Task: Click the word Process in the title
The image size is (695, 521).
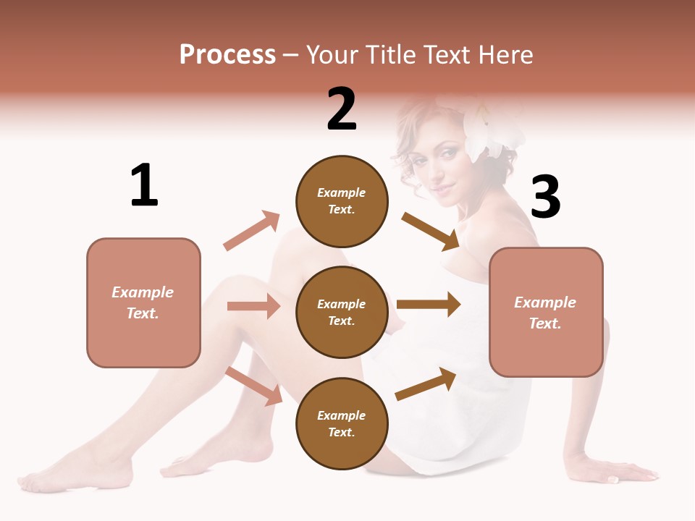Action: pyautogui.click(x=227, y=55)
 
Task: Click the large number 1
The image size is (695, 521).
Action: pyautogui.click(x=144, y=186)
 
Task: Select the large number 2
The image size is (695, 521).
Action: pyautogui.click(x=342, y=109)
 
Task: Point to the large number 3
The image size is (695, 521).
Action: pyautogui.click(x=545, y=197)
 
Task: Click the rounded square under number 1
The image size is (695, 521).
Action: pyautogui.click(x=143, y=302)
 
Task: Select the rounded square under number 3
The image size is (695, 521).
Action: pyautogui.click(x=546, y=312)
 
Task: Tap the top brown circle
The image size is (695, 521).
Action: pyautogui.click(x=342, y=201)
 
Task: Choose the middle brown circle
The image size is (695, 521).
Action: pyautogui.click(x=342, y=312)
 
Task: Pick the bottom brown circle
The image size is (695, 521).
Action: pyautogui.click(x=342, y=423)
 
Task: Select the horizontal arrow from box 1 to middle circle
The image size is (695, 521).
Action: pyautogui.click(x=253, y=306)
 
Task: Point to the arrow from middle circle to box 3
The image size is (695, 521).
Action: pyautogui.click(x=428, y=304)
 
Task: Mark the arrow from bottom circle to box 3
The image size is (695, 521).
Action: pyautogui.click(x=426, y=384)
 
